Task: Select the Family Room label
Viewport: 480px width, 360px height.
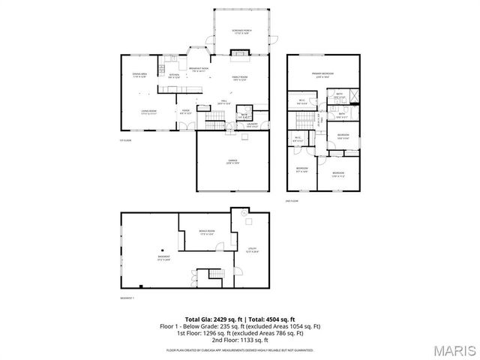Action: pyautogui.click(x=240, y=78)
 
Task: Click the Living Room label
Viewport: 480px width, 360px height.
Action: pyautogui.click(x=148, y=112)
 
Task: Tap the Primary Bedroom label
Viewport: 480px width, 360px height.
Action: pyautogui.click(x=324, y=74)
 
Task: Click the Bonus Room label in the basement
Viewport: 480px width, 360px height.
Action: pyautogui.click(x=207, y=232)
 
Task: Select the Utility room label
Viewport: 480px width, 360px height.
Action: pyautogui.click(x=252, y=250)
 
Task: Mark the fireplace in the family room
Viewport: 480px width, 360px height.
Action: pyautogui.click(x=239, y=53)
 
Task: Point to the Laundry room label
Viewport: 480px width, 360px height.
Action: pyautogui.click(x=252, y=124)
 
